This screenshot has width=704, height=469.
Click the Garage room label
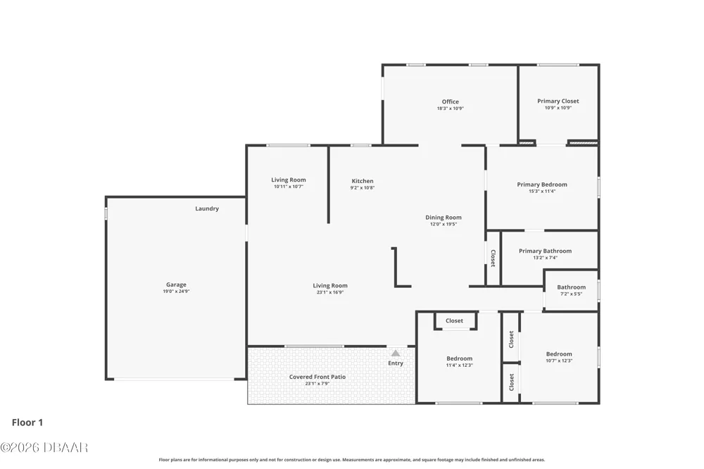176,284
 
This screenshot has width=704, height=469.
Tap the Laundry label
207,208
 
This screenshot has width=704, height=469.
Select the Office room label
451,101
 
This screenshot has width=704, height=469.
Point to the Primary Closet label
558,101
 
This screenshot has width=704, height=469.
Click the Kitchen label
363,181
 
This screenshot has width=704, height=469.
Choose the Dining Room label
444,218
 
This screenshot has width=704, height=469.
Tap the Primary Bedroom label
542,185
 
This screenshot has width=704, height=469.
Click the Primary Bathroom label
545,251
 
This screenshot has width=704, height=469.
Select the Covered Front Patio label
318,377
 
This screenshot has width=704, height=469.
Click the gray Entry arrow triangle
396,353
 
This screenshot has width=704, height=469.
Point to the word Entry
396,363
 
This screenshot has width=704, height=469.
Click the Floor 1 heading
27,423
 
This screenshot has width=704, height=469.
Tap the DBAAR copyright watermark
44,447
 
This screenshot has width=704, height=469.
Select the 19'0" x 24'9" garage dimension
176,291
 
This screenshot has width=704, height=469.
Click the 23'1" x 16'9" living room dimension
330,292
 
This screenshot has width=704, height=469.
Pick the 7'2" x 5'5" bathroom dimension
571,294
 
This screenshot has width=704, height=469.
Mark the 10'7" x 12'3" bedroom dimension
559,361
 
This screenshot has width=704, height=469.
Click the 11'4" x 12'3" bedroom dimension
459,365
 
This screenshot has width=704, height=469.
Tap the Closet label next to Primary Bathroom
493,258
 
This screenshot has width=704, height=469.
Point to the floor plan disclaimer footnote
351,460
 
